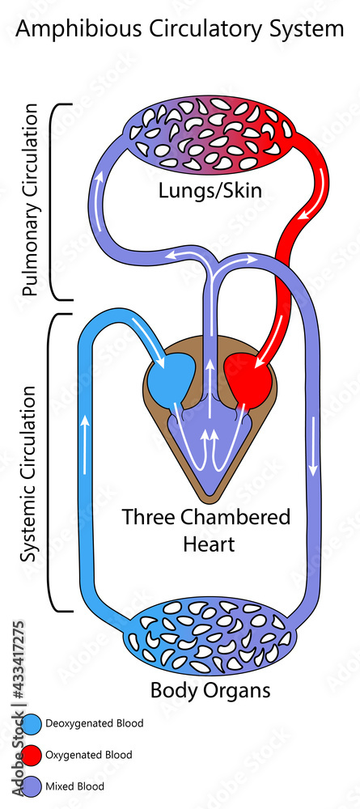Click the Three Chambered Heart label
point(205,530)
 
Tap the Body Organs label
point(210,691)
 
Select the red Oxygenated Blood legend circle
point(32,755)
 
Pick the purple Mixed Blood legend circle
point(32,786)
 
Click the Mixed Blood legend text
point(75,786)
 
